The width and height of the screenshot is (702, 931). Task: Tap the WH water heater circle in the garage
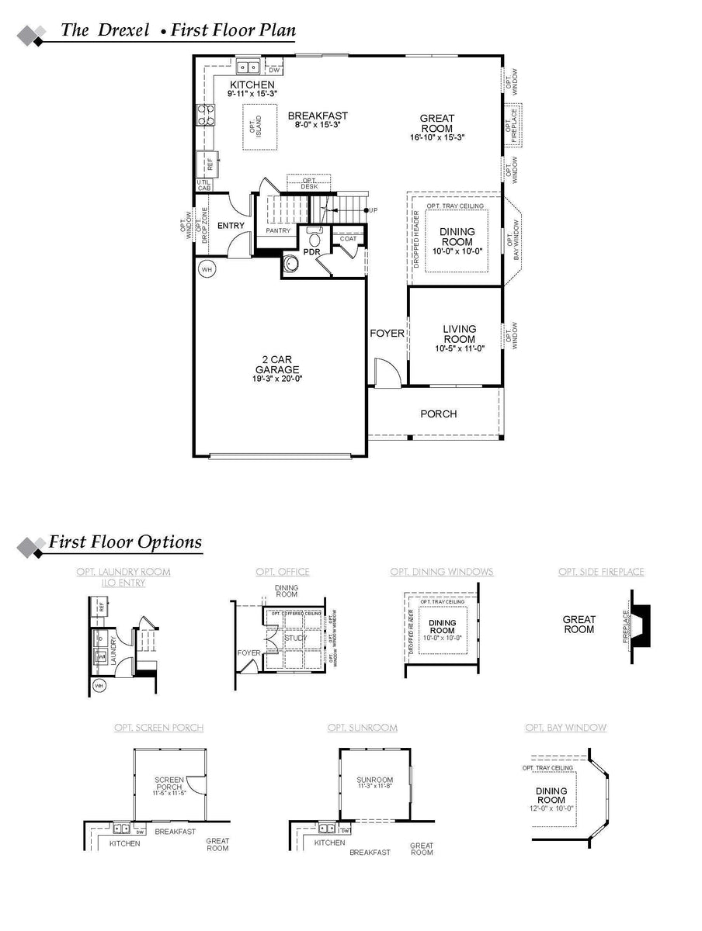pyautogui.click(x=207, y=269)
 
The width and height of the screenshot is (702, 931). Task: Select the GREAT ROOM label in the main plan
pyautogui.click(x=437, y=123)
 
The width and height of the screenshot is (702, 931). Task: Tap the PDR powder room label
pyautogui.click(x=312, y=252)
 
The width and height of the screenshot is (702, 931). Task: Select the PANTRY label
pyautogui.click(x=277, y=231)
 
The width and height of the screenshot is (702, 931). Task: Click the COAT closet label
pyautogui.click(x=349, y=239)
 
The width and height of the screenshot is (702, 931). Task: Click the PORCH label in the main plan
pyautogui.click(x=439, y=414)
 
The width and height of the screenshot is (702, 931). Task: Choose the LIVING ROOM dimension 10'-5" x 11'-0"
pyautogui.click(x=460, y=348)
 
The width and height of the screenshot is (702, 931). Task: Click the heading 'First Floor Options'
pyautogui.click(x=125, y=542)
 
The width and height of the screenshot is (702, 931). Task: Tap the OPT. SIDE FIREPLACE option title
pyautogui.click(x=601, y=572)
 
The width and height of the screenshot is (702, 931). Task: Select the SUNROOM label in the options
pyautogui.click(x=375, y=780)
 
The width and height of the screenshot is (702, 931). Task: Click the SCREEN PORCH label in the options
pyautogui.click(x=169, y=784)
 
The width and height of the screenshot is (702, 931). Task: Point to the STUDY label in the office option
pyautogui.click(x=295, y=639)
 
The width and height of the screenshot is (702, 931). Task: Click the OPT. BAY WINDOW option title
pyautogui.click(x=565, y=728)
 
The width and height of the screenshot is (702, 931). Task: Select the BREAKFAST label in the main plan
pyautogui.click(x=318, y=116)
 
